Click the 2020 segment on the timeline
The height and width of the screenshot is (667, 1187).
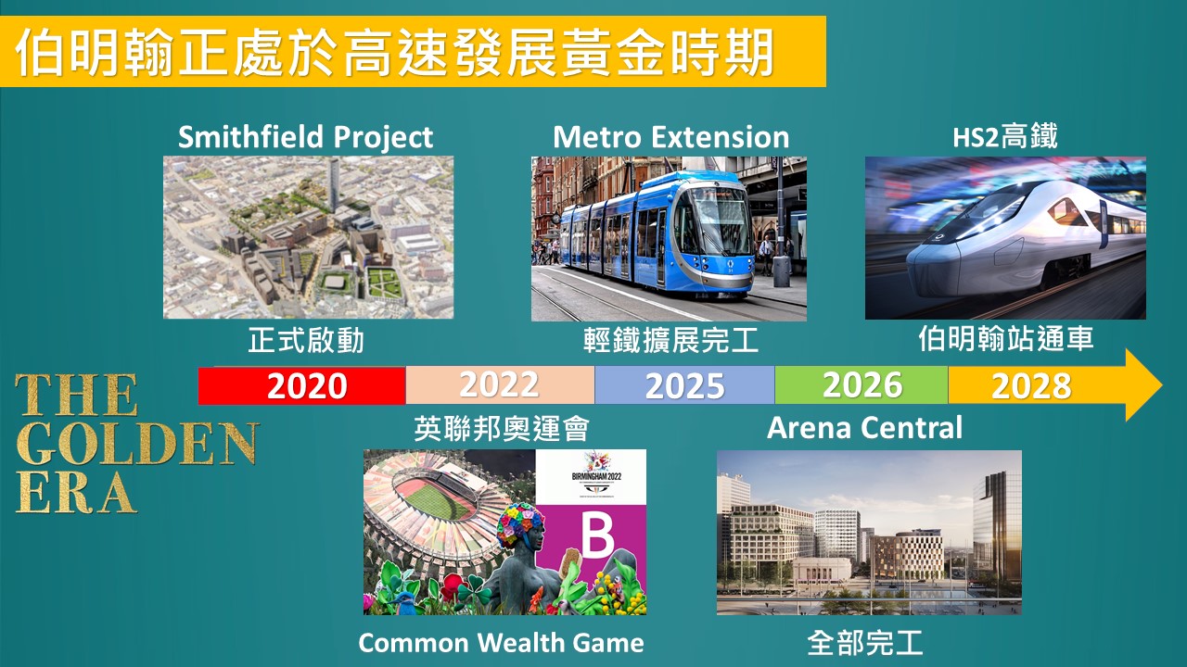point(302,385)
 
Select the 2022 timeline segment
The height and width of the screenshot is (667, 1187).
point(500,384)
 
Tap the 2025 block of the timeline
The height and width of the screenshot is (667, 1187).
point(684,384)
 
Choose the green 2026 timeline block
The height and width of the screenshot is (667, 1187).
point(862,384)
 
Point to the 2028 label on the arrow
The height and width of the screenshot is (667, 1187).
point(1031,386)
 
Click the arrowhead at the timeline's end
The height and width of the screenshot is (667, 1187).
point(1143,384)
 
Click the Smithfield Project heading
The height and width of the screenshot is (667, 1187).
point(305,137)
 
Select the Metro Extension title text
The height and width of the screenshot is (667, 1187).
point(670,137)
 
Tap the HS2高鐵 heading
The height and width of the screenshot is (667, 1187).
point(1004,136)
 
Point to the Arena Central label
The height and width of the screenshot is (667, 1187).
point(864,428)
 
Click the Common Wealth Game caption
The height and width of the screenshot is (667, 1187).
point(502,643)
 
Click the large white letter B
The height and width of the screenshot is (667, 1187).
point(598,535)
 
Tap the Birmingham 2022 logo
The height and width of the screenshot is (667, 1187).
point(596,474)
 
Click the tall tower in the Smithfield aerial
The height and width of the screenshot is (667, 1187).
point(333,186)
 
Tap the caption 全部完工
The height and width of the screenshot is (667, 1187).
point(865,643)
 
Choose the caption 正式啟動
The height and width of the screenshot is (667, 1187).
point(306,340)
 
